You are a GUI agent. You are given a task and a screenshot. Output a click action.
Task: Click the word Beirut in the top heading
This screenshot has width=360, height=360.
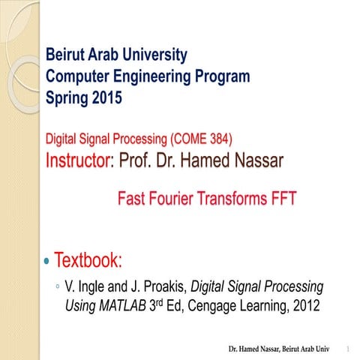point(66,55)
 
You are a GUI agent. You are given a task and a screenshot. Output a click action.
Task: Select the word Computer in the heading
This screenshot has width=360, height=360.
point(78,76)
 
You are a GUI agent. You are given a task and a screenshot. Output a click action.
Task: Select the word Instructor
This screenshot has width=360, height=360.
point(79,160)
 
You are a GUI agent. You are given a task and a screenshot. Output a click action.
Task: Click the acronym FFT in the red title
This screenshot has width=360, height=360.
point(282,199)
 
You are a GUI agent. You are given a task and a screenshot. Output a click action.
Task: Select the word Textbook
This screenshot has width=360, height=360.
point(88,261)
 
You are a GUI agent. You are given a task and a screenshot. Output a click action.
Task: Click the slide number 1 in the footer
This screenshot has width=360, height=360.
point(349,349)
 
